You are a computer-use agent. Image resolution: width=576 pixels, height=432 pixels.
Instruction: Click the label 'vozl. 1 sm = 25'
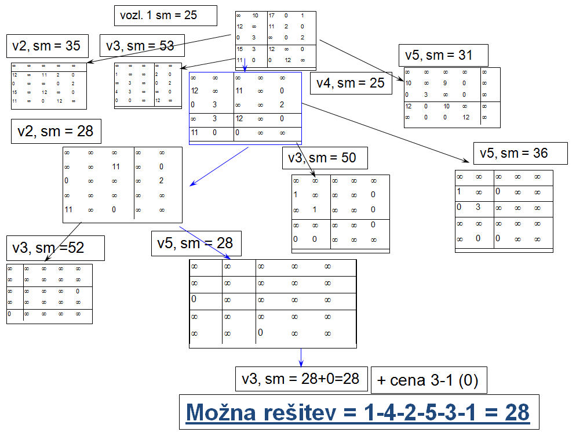point(166,16)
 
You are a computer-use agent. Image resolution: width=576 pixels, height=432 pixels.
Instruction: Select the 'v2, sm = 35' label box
point(46,46)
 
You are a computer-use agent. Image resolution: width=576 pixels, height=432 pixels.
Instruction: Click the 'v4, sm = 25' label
point(351,83)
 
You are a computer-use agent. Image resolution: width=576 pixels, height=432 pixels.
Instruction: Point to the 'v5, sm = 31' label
point(443,55)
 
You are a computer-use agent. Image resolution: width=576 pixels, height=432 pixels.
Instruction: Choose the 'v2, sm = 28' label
point(56,132)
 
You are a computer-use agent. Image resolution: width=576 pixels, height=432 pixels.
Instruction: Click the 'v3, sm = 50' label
point(325,157)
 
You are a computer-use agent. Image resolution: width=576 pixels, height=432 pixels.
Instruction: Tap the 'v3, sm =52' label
point(55,248)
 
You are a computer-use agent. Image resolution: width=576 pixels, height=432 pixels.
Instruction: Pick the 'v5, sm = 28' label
point(195,243)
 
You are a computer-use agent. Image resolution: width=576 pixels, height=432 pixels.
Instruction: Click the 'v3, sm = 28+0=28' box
point(301,379)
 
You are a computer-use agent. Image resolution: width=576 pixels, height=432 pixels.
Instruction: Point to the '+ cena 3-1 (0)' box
point(428,380)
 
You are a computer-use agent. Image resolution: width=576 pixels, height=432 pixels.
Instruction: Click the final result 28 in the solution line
point(517,412)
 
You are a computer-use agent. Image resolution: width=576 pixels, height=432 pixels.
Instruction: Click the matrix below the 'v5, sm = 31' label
point(452,97)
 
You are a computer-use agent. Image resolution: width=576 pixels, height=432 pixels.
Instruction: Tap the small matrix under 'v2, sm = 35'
point(49,86)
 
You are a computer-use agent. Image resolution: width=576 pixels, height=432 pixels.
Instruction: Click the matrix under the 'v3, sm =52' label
point(49,293)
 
